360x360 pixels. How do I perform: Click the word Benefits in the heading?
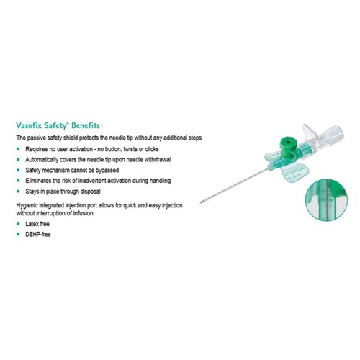coord(86,125)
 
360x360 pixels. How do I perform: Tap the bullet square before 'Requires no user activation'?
coord(18,149)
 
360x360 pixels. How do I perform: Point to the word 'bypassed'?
coord(107,171)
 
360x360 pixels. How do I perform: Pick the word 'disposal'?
coord(90,192)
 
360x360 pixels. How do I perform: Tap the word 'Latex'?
coord(32,224)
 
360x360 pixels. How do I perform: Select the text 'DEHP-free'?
coord(38,234)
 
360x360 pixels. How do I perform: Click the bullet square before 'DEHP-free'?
coord(18,234)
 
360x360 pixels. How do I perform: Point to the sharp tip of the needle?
coord(201,203)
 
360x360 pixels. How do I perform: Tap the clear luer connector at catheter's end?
coord(333,135)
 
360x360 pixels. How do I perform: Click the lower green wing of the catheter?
coord(295,174)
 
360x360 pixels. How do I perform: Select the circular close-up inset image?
coord(326,199)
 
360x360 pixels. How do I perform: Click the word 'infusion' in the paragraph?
coord(83,213)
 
